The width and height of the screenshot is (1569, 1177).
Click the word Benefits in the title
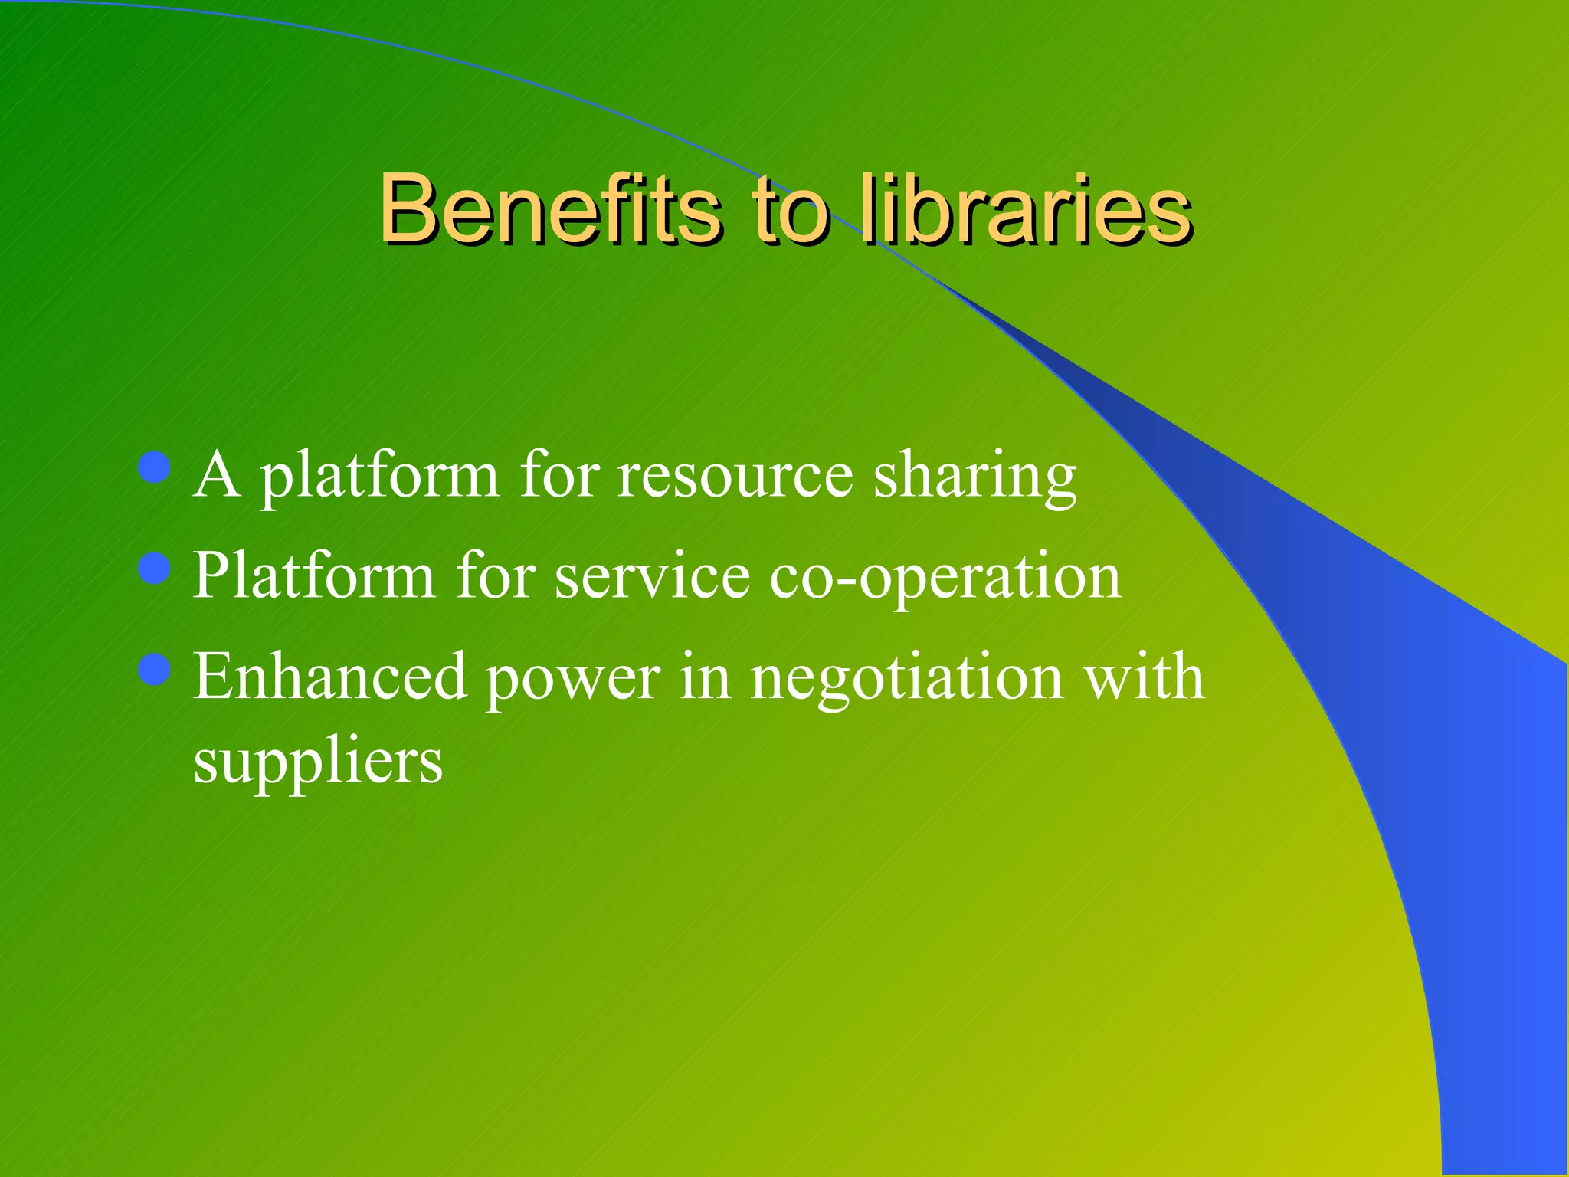point(550,208)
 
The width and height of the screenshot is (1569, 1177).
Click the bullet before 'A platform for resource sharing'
point(156,467)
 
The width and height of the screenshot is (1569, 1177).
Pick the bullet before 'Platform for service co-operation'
point(156,569)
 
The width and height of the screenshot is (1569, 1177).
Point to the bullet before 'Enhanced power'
point(156,669)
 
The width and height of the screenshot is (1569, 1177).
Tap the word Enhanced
point(330,677)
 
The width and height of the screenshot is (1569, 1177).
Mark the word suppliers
point(318,763)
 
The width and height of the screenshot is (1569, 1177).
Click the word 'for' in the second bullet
point(496,576)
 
